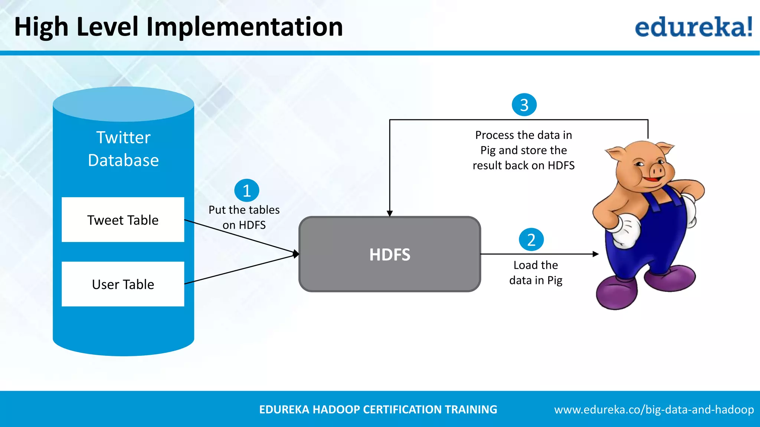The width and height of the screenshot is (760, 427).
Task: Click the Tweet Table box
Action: click(x=123, y=220)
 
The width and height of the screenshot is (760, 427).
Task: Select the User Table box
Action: click(x=123, y=284)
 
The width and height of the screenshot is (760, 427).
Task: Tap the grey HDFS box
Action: click(x=390, y=254)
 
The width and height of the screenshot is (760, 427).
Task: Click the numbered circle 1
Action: click(x=247, y=191)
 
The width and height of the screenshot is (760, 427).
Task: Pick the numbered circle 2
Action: click(x=531, y=240)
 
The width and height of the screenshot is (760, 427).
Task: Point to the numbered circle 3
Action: click(x=524, y=105)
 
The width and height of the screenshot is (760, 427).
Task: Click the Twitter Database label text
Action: click(x=123, y=149)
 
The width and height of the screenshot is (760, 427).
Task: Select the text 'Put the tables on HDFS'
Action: click(x=244, y=217)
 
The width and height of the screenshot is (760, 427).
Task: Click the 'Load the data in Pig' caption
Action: click(x=535, y=272)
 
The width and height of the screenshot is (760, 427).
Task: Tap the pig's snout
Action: click(x=657, y=171)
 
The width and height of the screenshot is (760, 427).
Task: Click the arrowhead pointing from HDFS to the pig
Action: click(x=595, y=254)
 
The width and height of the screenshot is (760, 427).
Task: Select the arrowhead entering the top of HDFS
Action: click(x=390, y=213)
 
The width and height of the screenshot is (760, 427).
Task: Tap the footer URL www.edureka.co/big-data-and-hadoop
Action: click(x=654, y=410)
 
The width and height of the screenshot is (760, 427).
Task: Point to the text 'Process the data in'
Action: click(x=523, y=135)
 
